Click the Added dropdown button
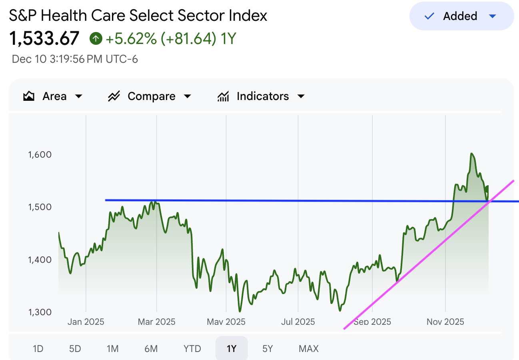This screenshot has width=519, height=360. coord(461,16)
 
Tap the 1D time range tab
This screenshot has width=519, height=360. coord(38,349)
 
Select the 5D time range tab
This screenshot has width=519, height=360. coord(75,349)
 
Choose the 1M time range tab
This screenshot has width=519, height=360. coord(112,349)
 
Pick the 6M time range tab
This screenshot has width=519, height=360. coord(151,349)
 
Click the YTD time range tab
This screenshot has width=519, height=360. coord(192,349)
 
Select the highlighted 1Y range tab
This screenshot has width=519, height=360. coord(232,349)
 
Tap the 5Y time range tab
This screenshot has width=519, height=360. coord(267,349)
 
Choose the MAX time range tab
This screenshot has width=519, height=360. coord(309,349)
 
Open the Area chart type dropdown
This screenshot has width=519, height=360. coord(53,96)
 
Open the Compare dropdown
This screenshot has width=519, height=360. coord(150,96)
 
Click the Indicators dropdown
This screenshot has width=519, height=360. coord(261,96)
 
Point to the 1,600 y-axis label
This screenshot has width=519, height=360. coord(40,154)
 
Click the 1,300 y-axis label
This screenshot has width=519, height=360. coord(40,312)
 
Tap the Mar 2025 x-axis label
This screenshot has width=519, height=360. coord(156,322)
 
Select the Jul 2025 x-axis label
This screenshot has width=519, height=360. coord(298,322)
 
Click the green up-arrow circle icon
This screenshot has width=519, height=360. coord(96,39)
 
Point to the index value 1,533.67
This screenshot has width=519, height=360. coord(44,39)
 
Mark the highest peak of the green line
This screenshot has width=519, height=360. coord(472,154)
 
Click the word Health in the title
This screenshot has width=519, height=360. coord(60,16)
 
